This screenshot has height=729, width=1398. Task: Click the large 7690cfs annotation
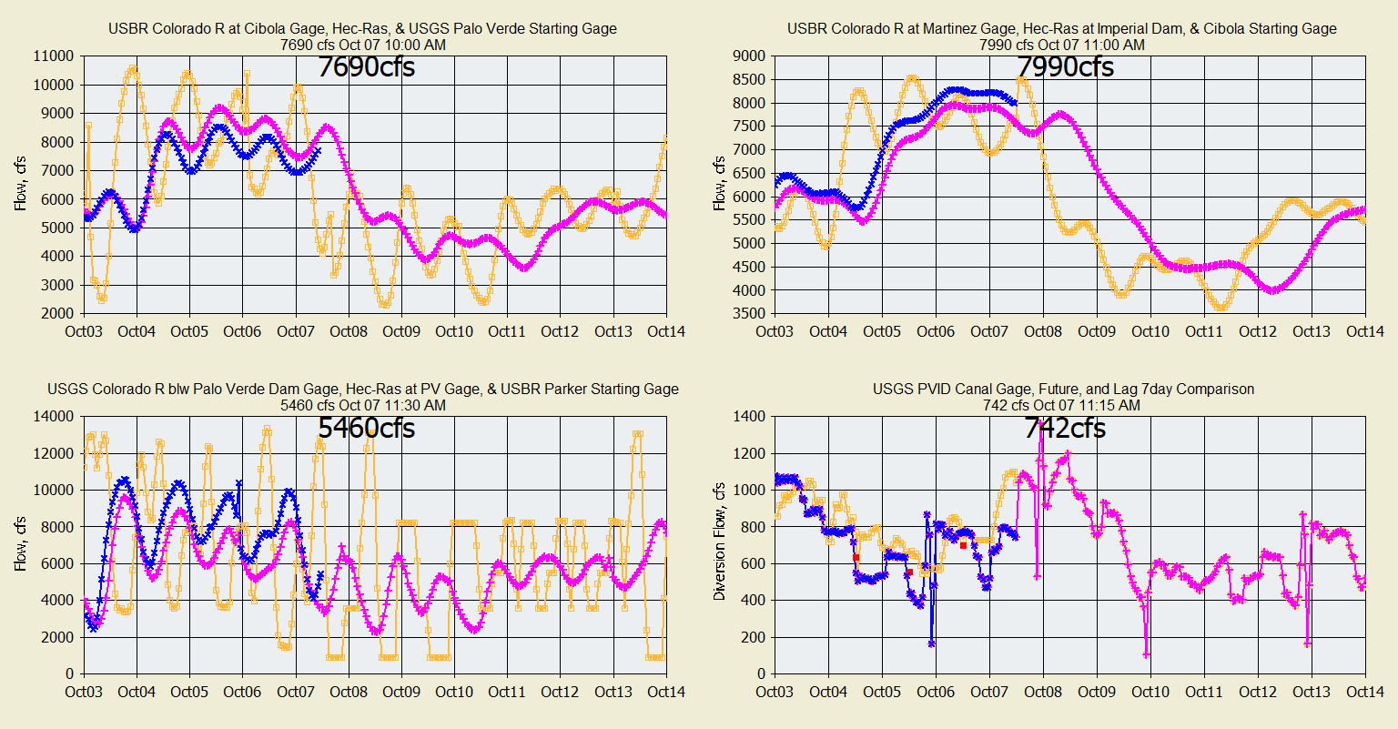tap(366, 66)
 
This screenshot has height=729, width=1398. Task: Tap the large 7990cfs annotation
tap(1065, 66)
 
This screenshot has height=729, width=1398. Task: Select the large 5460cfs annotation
tap(366, 427)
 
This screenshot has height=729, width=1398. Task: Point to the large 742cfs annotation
tap(1065, 427)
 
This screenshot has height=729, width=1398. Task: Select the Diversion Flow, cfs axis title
tap(719, 545)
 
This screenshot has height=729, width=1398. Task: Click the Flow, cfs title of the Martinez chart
tap(719, 184)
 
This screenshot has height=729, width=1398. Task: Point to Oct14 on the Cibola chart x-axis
tap(666, 331)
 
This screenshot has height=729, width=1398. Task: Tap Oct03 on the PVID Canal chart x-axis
tap(775, 692)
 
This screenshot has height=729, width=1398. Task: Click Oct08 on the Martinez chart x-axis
tap(1043, 331)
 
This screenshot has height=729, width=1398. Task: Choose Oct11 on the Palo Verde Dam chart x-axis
tap(506, 692)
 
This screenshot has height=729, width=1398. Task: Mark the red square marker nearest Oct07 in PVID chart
tap(963, 545)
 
